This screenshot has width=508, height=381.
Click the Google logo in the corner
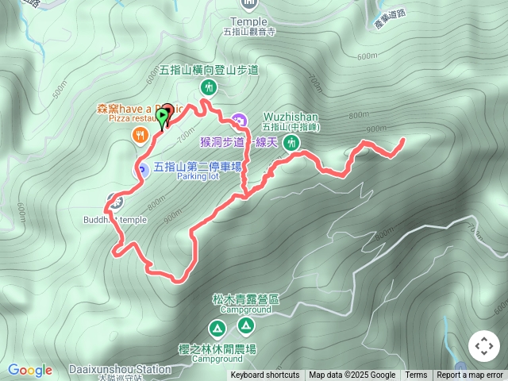pos(30,371)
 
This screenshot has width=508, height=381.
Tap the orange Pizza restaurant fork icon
pos(140,135)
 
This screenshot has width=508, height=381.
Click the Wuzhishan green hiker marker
pos(292,143)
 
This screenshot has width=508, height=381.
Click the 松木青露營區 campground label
pos(246,299)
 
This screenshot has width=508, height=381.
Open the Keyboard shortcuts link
pos(265,375)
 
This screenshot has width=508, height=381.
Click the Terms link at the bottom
pos(416,375)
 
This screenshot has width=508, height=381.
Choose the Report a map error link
pos(471,375)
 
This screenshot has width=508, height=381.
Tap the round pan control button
pos(483,345)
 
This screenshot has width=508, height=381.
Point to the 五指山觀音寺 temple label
pos(248,33)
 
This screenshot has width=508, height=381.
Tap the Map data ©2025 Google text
pos(352,375)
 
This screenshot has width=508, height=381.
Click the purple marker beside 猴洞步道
pos(241,121)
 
